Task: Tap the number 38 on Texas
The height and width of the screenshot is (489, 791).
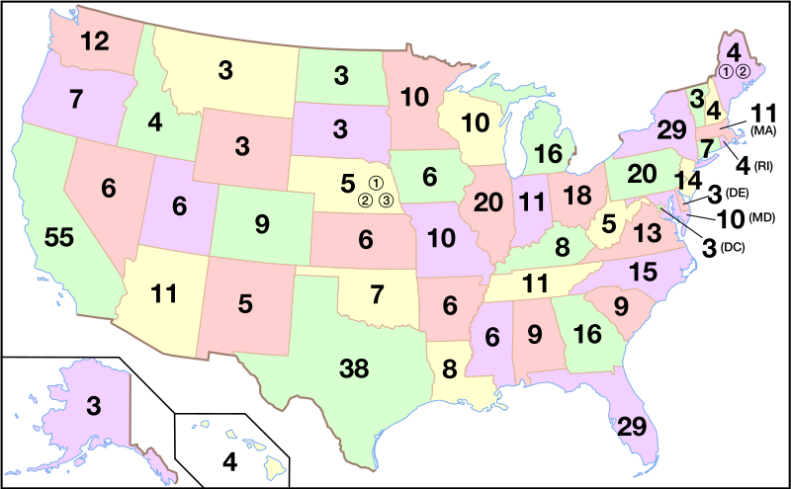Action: click(x=354, y=369)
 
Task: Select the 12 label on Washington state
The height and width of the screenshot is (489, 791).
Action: click(x=96, y=41)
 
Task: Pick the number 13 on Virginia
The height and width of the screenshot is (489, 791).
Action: click(x=647, y=233)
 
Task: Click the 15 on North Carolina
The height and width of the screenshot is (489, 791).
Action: click(x=643, y=270)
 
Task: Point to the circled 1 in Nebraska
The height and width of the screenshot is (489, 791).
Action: click(x=376, y=183)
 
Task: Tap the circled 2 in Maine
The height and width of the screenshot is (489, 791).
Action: click(x=744, y=71)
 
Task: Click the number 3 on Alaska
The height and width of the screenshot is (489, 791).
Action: click(x=92, y=404)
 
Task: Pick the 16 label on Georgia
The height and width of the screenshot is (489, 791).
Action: click(x=587, y=335)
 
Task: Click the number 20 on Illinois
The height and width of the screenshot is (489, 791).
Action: click(x=488, y=203)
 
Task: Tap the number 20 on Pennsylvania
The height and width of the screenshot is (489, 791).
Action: click(x=642, y=174)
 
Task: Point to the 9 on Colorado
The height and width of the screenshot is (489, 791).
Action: click(x=261, y=225)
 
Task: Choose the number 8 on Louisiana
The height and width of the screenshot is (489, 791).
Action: click(x=450, y=371)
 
